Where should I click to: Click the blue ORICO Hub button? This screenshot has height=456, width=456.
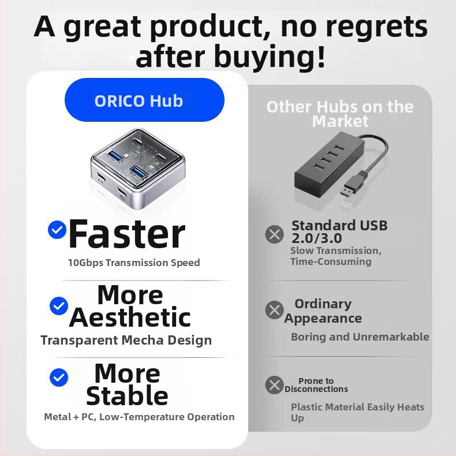pos(144,100)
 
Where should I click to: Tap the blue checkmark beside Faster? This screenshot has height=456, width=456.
pos(57,230)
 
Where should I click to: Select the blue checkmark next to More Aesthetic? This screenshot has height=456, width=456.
pos(58,305)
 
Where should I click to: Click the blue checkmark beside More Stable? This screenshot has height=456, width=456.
pos(58,377)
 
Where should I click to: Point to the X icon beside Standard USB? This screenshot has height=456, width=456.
pos(274,234)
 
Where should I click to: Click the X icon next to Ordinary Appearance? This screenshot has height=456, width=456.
pos(274,310)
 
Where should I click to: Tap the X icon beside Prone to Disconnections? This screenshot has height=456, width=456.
pos(274,384)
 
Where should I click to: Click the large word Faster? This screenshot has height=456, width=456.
pos(127,234)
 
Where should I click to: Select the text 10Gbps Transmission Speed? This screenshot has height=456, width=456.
pos(133,263)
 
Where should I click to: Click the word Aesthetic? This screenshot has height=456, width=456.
pos(130,317)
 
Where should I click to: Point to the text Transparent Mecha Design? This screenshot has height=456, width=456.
pos(126,340)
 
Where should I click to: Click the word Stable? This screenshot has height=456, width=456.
pos(127,395)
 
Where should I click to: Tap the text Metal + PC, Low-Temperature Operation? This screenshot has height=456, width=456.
pos(139,417)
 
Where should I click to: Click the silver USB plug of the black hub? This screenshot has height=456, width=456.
pos(349,190)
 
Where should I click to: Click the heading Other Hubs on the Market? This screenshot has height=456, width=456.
pos(339,114)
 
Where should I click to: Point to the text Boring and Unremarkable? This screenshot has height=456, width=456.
pos(360,337)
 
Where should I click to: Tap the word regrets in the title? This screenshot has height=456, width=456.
pos(358,27)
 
